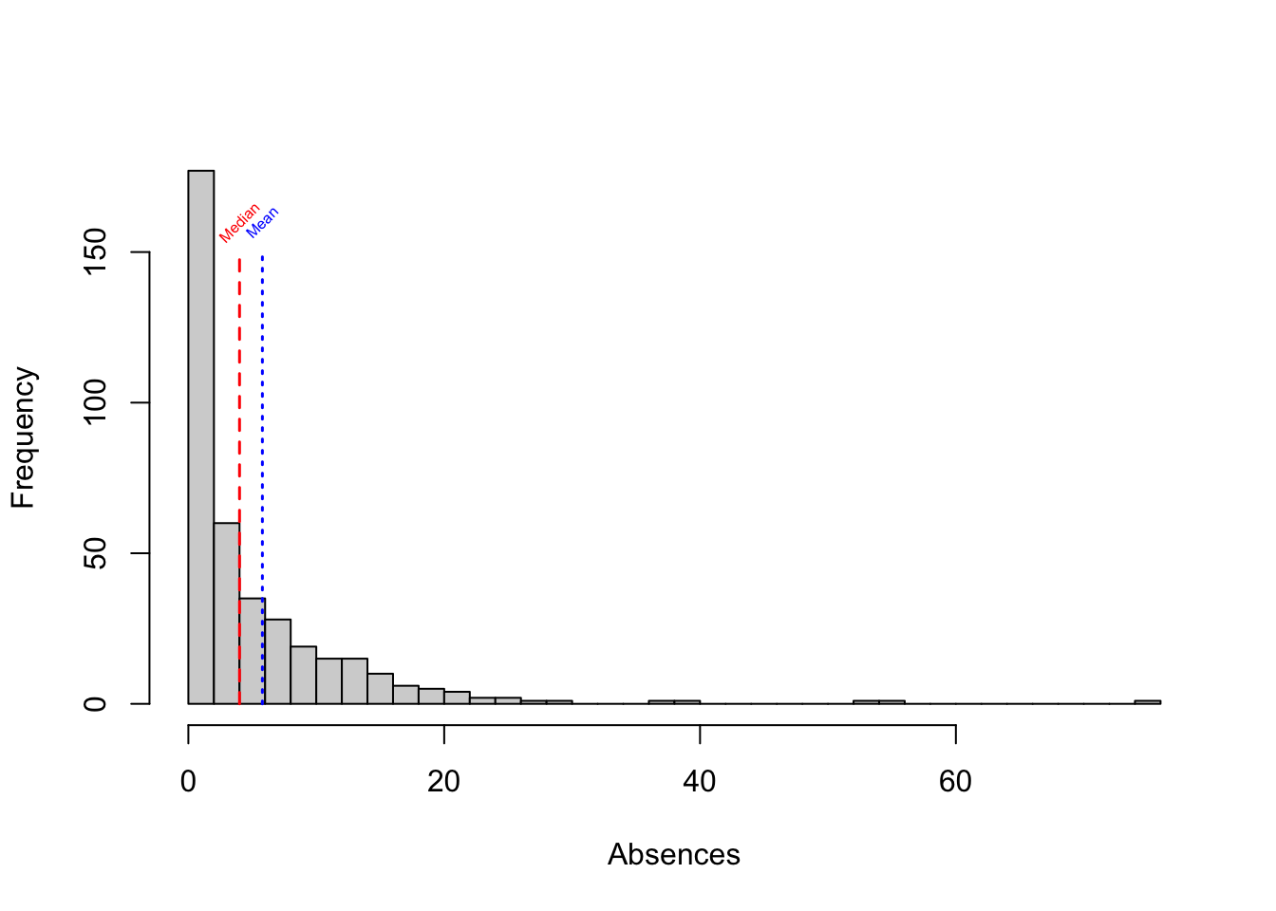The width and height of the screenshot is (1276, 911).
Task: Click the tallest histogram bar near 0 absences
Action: coord(200,437)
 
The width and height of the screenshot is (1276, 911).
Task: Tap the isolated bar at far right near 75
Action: coord(1147,702)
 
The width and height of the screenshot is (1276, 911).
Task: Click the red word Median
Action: coord(239,223)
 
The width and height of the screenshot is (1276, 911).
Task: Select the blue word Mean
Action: coord(262,221)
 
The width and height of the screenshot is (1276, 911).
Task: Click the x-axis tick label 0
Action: coord(188,781)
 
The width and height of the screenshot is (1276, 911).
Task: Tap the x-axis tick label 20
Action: coord(443,781)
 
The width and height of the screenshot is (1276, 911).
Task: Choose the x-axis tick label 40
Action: coord(700,781)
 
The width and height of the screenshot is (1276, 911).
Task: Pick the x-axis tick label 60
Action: coord(955,781)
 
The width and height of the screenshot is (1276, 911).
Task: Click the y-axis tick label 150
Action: coord(96,252)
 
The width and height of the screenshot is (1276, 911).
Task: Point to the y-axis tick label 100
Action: coord(96,402)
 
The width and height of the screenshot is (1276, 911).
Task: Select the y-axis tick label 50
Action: coord(96,553)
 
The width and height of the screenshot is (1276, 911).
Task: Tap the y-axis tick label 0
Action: coord(96,703)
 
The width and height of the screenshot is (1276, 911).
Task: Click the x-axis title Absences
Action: coord(673,855)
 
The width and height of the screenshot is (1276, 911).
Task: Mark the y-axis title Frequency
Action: coord(23,437)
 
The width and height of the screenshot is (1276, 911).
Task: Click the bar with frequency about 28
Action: coord(277,661)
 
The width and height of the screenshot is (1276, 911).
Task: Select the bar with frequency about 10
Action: coord(380,688)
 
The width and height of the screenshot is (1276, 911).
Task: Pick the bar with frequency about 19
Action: coord(303,675)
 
